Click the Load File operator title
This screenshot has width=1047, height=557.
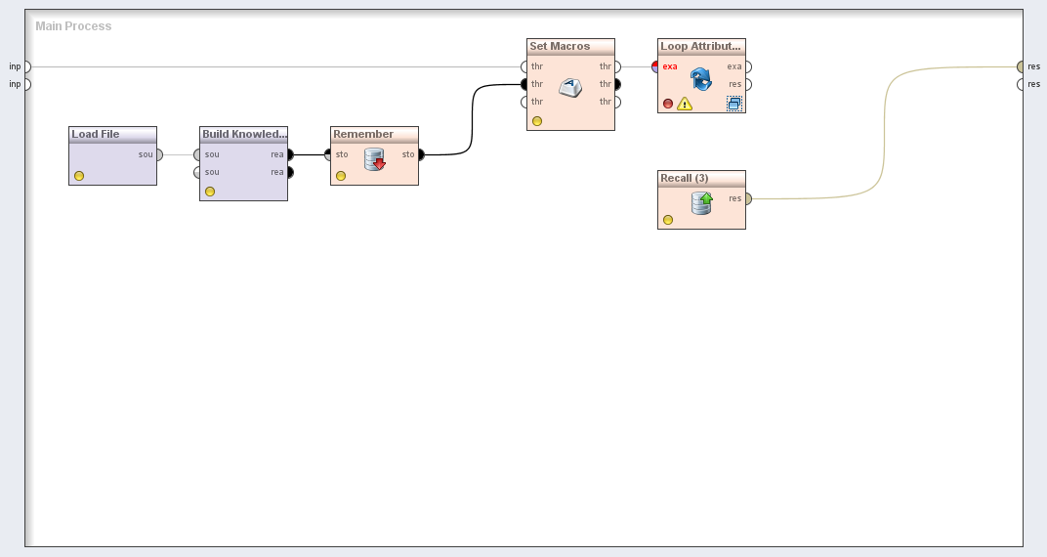point(96,134)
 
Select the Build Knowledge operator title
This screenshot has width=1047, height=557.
point(244,134)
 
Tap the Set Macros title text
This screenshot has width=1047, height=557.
point(560,46)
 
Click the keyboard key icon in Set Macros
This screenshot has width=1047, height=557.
point(571,88)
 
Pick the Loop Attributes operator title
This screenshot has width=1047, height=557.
point(701,46)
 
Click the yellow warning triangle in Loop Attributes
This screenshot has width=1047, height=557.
point(685,104)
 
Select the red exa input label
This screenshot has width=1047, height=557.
point(670,66)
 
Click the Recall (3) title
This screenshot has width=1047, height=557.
point(685,178)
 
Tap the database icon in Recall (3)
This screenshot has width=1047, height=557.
point(702,202)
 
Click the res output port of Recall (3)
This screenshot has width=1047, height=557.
point(747,198)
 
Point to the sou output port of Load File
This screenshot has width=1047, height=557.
point(159,154)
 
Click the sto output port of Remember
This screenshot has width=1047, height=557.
point(421,154)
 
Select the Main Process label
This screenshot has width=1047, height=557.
point(73,26)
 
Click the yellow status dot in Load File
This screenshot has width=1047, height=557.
point(79,176)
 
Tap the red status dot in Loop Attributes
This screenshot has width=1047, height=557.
point(668,104)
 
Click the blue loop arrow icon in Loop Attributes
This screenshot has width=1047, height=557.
point(701,79)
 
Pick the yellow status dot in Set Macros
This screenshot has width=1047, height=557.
point(537,121)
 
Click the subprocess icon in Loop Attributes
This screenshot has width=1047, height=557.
point(733,103)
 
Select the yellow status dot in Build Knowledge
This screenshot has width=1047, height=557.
point(210,192)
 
